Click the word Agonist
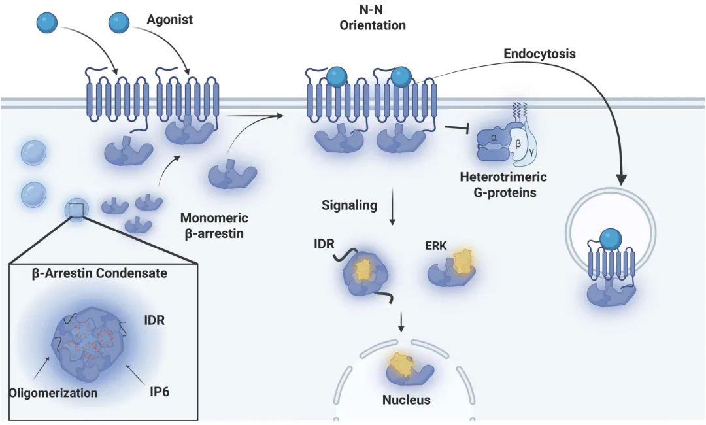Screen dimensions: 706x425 coord(169,20)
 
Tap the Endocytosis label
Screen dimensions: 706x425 coord(539,54)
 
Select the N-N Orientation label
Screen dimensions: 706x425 coord(373,18)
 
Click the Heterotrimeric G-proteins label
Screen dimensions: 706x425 coord(503,184)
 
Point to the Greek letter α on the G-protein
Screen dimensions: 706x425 coord(494,137)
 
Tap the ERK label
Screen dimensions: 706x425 coord(436,245)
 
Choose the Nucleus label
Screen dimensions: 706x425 coord(406,399)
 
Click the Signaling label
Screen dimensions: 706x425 coord(349,205)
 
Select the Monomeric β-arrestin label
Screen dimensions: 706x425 coord(214,226)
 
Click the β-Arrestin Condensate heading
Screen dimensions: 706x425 coord(99,273)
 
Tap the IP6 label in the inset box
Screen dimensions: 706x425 coord(160,392)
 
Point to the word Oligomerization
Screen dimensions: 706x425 coord(54,392)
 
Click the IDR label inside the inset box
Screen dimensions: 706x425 coord(154,320)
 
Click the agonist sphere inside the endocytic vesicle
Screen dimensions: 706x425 coord(611,239)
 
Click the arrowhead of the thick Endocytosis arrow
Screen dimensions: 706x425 coord(622,179)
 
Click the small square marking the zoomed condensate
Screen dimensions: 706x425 coord(76,211)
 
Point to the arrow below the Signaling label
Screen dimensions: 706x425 coord(393,207)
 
